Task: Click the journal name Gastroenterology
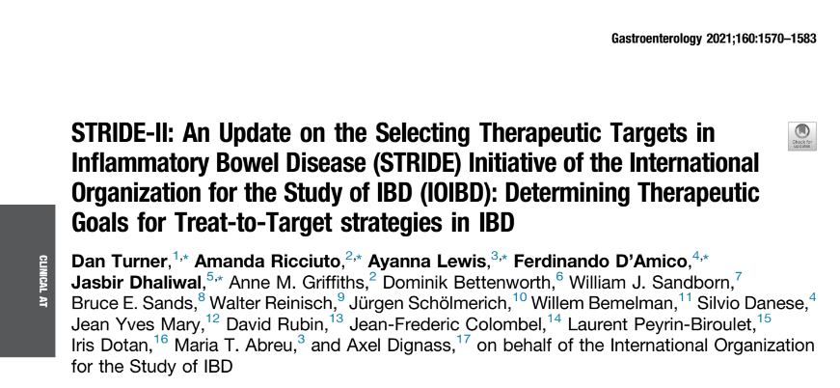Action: [x=656, y=40]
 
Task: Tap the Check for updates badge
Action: [x=802, y=136]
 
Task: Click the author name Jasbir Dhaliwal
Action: [x=137, y=282]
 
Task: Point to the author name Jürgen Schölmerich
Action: [x=428, y=303]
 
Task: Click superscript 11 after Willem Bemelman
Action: [x=685, y=298]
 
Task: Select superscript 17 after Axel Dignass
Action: [x=463, y=341]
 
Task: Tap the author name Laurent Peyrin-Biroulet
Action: [x=661, y=324]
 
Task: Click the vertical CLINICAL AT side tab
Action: [x=41, y=280]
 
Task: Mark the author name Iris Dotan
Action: [x=110, y=346]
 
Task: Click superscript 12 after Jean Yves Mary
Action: [x=213, y=319]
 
